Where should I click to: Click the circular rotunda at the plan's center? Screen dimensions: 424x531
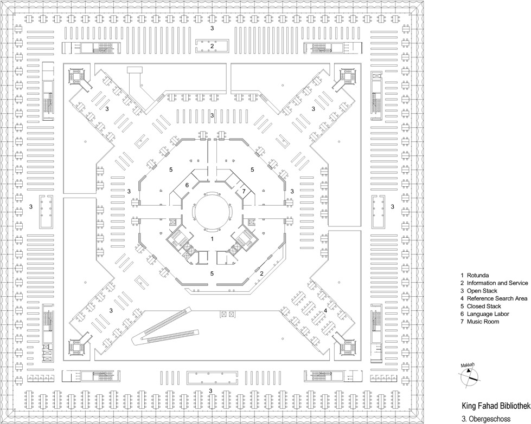(213, 212)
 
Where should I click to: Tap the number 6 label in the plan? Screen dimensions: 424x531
(187, 186)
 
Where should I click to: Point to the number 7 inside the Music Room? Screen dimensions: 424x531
(244, 192)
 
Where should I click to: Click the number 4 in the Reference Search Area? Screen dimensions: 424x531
(325, 310)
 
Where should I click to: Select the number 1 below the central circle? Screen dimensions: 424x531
(213, 238)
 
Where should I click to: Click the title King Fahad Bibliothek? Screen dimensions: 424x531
(495, 406)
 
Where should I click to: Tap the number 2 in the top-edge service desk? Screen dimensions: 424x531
(213, 46)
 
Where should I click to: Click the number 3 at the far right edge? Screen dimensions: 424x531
(392, 206)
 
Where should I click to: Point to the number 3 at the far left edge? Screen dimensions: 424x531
(31, 206)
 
